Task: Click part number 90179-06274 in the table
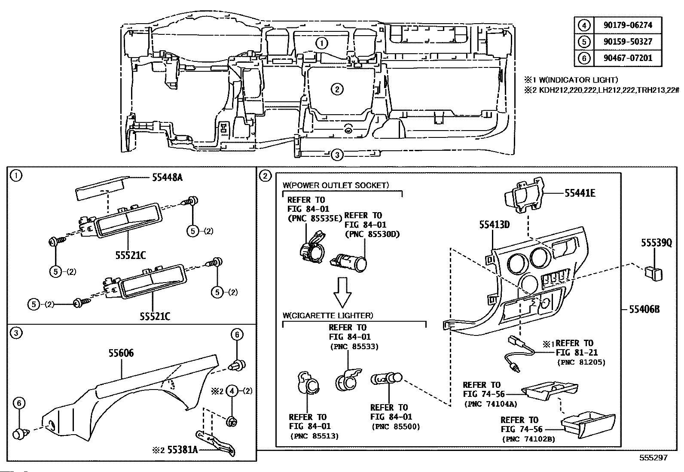click(627, 25)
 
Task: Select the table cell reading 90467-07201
click(627, 58)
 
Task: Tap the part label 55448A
click(167, 177)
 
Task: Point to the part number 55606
click(121, 353)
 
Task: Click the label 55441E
click(580, 193)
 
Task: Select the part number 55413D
click(495, 225)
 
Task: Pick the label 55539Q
click(656, 243)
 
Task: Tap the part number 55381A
click(182, 450)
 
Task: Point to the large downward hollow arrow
click(342, 292)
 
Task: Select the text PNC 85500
click(396, 426)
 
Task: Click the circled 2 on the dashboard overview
click(337, 89)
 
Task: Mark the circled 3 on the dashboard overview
click(337, 155)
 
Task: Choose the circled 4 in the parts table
click(584, 25)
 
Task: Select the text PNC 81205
click(581, 362)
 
